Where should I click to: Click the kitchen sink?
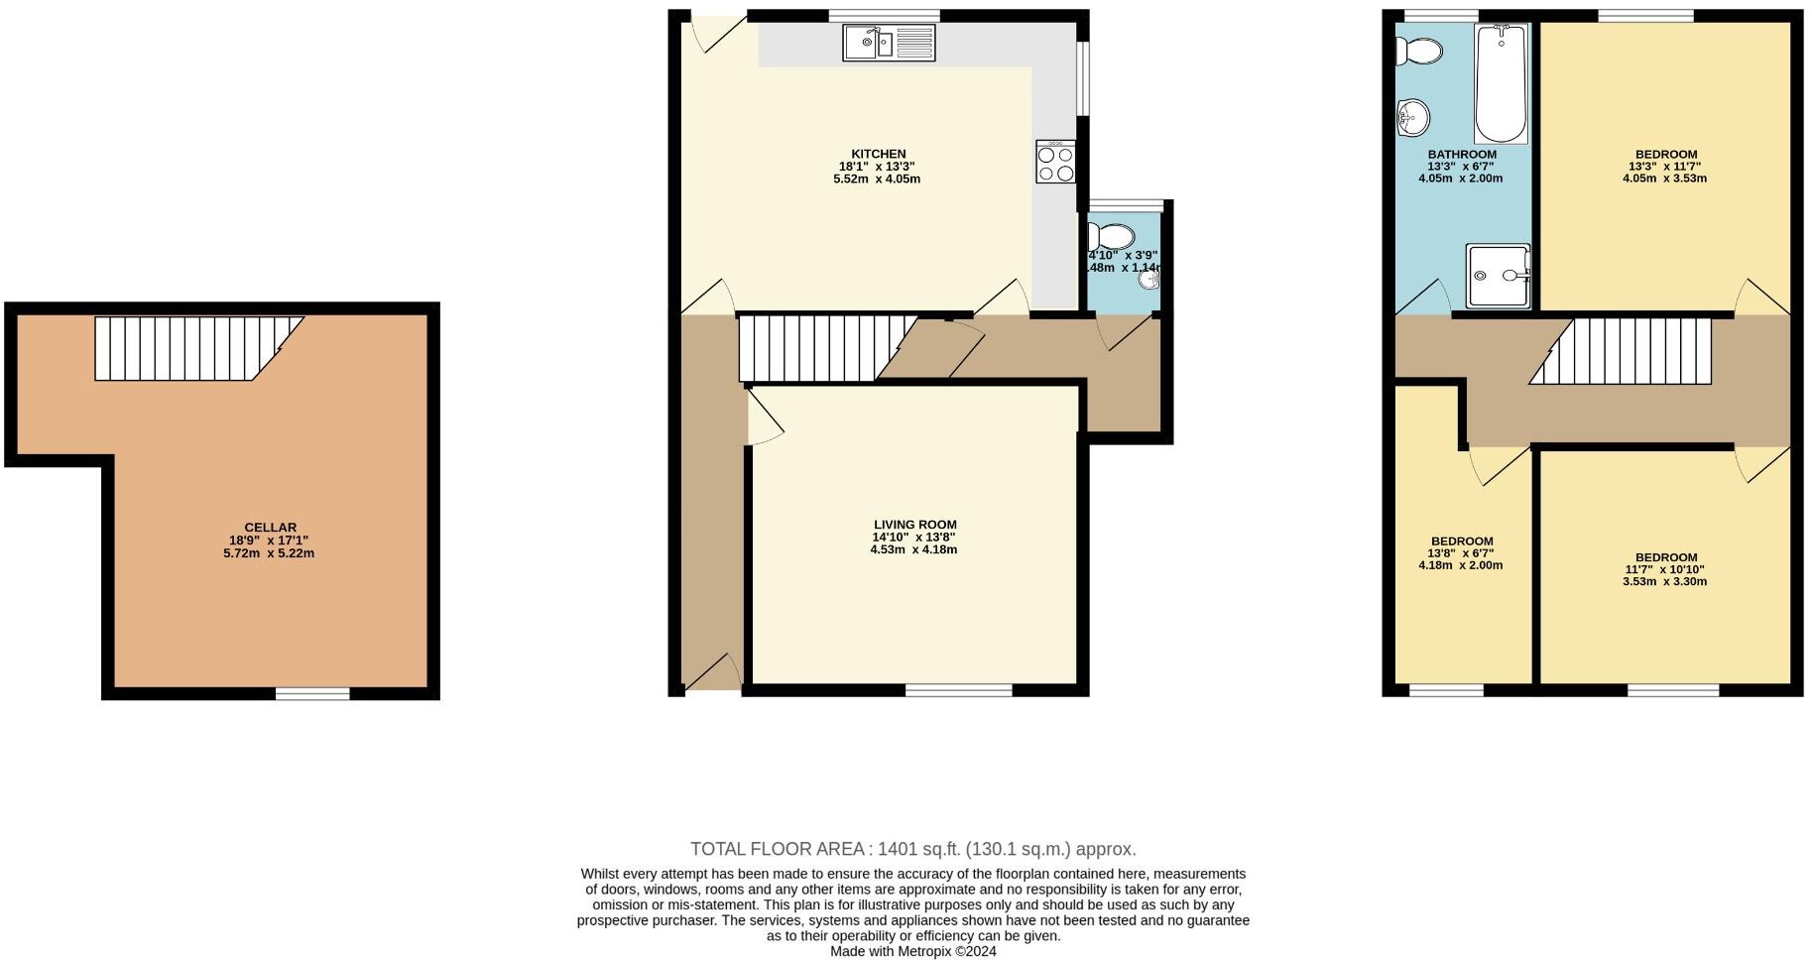pos(888,43)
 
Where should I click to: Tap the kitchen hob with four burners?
pos(1055,162)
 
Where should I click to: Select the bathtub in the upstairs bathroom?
pos(1501,84)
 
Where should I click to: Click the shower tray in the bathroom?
pos(1498,275)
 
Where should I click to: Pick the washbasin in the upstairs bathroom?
pos(1412,118)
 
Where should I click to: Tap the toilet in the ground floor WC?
pos(1111,237)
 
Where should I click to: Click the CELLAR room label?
pos(270,528)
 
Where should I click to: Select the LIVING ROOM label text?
pos(914,525)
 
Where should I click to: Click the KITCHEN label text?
pos(878,154)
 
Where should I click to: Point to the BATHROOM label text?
pos(1461,155)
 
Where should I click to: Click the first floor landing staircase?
pos(1627,350)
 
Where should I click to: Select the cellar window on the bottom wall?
pos(312,693)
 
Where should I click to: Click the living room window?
pos(958,689)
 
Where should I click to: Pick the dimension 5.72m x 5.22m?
pos(269,553)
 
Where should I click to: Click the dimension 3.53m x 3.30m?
pos(1665,581)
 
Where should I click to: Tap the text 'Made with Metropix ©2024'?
pos(912,951)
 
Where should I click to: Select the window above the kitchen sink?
pos(884,15)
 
